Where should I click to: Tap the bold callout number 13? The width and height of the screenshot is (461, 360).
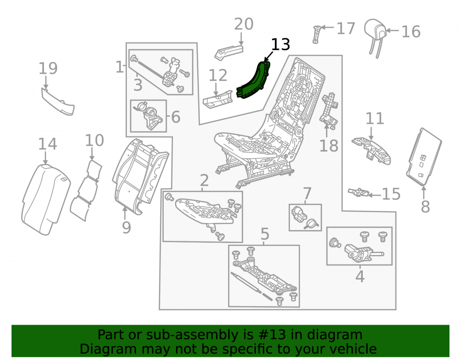[x=280, y=44]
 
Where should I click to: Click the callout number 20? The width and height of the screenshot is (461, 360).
[x=244, y=24]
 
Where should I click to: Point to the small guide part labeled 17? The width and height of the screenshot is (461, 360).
[x=317, y=35]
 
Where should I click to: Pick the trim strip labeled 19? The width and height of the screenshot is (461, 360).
[x=58, y=102]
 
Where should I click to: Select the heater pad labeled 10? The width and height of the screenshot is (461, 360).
[x=86, y=190]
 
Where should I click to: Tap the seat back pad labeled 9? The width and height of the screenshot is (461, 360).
[x=140, y=176]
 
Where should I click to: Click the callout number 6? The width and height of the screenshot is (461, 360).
[x=176, y=117]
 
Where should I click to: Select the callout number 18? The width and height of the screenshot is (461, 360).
[x=329, y=146]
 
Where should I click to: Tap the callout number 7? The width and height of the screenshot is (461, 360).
[x=307, y=194]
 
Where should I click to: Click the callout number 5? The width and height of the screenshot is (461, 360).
[x=265, y=234]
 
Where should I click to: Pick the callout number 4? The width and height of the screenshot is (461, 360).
[x=360, y=277]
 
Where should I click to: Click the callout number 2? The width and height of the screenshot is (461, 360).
[x=204, y=180]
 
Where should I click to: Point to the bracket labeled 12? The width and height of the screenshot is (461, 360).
[x=218, y=99]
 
